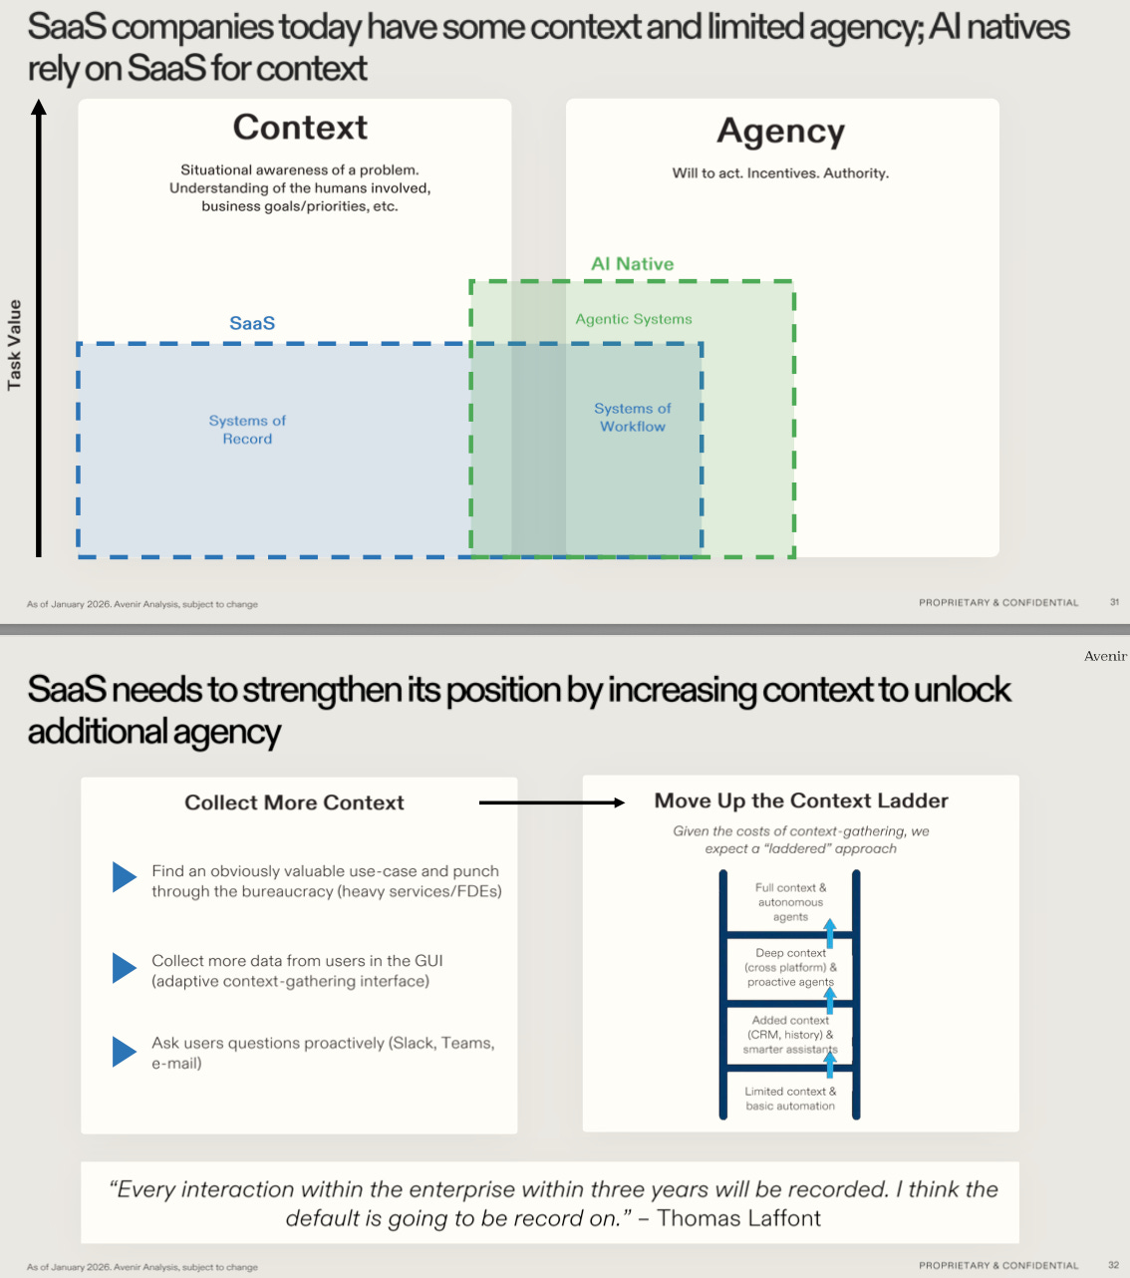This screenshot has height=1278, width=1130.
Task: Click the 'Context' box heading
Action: click(x=300, y=127)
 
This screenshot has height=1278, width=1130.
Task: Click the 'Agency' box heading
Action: click(x=780, y=132)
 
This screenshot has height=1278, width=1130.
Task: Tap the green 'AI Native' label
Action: click(x=632, y=263)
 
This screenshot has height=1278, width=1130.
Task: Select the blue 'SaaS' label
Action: click(x=252, y=323)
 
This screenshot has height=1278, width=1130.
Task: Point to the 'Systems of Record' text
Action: click(x=247, y=430)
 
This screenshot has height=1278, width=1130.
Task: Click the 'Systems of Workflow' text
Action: click(x=633, y=418)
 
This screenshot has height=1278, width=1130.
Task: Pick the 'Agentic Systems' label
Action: click(x=633, y=319)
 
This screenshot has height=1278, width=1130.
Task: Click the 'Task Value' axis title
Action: click(x=14, y=344)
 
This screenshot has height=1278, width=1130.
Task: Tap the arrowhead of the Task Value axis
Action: click(x=39, y=108)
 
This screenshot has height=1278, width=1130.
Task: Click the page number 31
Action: click(x=1114, y=602)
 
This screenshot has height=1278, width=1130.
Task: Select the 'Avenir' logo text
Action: click(x=1105, y=656)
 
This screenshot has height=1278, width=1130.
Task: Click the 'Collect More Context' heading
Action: click(x=294, y=802)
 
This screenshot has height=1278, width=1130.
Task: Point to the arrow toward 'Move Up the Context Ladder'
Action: click(x=552, y=802)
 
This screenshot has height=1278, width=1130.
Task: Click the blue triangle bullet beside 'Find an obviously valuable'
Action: click(x=125, y=877)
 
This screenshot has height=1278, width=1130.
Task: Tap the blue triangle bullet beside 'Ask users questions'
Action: click(x=125, y=1052)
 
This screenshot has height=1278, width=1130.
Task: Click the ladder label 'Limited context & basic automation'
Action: click(x=790, y=1099)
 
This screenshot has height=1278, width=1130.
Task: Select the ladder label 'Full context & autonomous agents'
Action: click(x=790, y=902)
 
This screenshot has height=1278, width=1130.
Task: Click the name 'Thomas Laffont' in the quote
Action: click(x=738, y=1218)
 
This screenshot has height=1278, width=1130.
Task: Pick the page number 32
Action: click(x=1114, y=1265)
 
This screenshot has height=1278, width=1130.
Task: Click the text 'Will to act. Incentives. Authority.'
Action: click(x=780, y=172)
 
